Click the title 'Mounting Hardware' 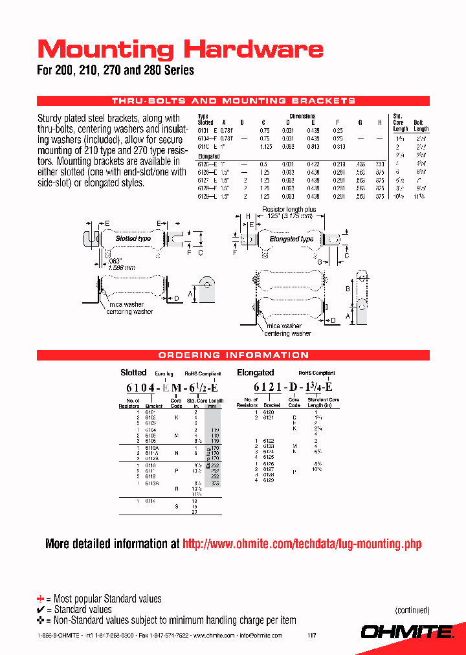click(180, 49)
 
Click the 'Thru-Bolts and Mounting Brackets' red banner click(233, 101)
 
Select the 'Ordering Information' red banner click(233, 355)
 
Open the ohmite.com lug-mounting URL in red click(302, 544)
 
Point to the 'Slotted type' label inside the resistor click(133, 238)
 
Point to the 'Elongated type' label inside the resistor click(291, 239)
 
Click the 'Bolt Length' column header click(421, 126)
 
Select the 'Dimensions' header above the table click(302, 117)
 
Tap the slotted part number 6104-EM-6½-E click(172, 388)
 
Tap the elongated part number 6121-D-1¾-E click(293, 388)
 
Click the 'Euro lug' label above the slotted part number click(164, 374)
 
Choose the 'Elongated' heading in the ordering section click(255, 373)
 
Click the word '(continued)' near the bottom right click(412, 610)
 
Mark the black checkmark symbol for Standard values click(41, 610)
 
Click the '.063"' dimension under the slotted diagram click(115, 260)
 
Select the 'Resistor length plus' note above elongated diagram click(289, 210)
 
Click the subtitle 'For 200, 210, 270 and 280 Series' click(115, 71)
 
